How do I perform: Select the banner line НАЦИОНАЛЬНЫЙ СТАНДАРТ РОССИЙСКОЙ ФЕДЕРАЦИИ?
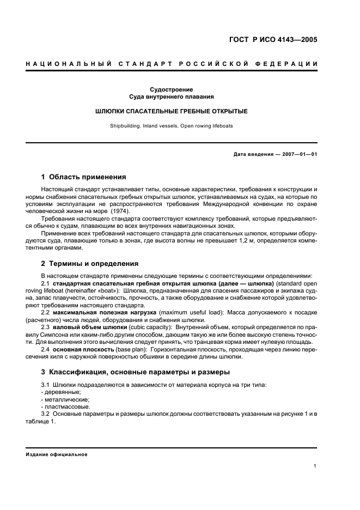(172, 64)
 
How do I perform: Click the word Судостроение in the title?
(172, 89)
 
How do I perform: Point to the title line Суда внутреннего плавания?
(172, 97)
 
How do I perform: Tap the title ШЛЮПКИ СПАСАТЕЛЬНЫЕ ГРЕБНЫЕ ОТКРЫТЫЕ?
(172, 111)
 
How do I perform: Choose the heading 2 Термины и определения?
(90, 264)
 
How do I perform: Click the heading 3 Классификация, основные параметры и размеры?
(136, 372)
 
